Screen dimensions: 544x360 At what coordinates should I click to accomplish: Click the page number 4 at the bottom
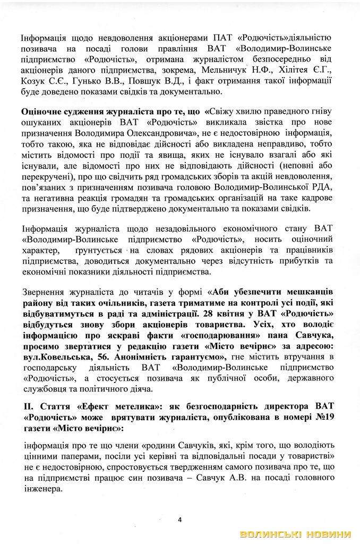pos(179,519)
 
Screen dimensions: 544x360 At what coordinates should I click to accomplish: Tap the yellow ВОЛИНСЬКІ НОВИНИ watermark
pos(296,534)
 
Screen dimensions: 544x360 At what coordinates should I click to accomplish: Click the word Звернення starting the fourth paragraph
pos(44,293)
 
